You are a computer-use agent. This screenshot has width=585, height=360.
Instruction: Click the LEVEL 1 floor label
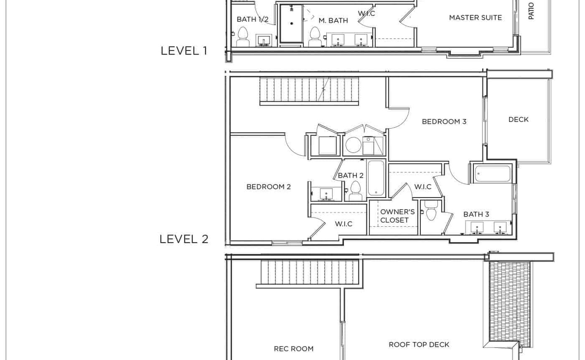click(184, 51)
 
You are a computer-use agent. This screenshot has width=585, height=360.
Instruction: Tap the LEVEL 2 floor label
click(184, 239)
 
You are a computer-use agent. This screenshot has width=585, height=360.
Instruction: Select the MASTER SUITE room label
click(475, 18)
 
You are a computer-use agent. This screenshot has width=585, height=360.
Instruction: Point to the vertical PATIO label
click(531, 10)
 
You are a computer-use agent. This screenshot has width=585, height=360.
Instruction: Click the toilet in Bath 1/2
click(243, 36)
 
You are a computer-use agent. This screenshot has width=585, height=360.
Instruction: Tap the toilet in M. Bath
click(315, 36)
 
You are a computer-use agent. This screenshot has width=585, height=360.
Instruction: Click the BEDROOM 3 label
click(444, 121)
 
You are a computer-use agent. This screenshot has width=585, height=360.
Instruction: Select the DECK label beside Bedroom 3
click(518, 119)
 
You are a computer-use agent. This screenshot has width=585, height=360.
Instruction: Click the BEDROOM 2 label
click(269, 187)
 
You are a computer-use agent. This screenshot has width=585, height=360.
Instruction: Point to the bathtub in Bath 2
click(376, 178)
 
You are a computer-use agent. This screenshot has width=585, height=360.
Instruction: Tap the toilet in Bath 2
click(356, 191)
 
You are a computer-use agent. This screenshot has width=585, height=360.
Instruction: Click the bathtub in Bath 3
click(493, 174)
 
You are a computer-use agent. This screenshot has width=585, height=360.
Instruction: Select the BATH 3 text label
click(476, 214)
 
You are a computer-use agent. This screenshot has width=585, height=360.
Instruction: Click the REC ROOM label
click(293, 349)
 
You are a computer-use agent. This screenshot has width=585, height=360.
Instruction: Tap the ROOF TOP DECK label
click(419, 345)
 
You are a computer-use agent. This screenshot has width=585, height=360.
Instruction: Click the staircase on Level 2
click(310, 91)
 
